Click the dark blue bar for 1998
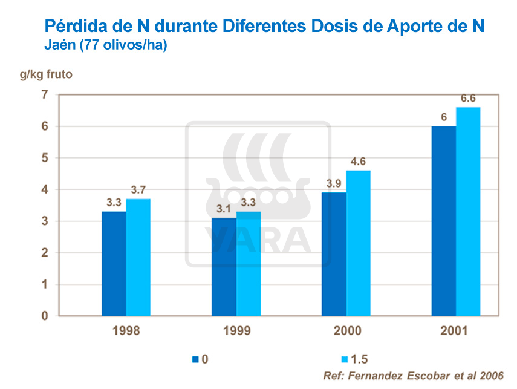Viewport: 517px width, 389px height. [114, 263]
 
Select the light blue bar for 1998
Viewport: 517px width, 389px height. [138, 257]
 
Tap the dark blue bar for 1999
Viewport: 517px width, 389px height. [224, 266]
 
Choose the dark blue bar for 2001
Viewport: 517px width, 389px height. [444, 221]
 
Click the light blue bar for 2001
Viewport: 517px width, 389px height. [468, 212]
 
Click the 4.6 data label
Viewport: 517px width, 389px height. [359, 162]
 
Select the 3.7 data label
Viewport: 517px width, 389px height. [139, 190]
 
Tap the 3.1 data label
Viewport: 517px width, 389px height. [224, 209]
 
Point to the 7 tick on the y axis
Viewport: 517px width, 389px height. [44, 95]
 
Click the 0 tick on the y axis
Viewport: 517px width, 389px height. [44, 316]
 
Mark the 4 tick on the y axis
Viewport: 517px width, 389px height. [44, 189]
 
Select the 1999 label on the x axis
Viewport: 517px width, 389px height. [236, 332]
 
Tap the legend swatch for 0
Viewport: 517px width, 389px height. [195, 359]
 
